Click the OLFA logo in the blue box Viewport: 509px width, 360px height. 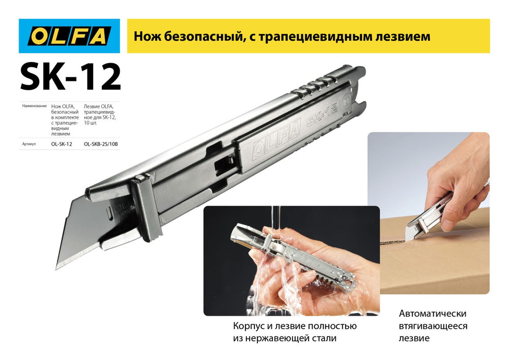(x=69, y=37)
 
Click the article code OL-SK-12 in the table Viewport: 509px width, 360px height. (x=62, y=145)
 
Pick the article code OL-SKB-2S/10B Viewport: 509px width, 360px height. (x=100, y=145)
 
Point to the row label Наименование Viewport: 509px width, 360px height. (x=35, y=107)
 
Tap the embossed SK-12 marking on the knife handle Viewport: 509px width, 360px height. (x=323, y=119)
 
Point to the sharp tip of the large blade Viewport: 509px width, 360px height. (x=57, y=267)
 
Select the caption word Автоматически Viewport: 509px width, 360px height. (x=433, y=314)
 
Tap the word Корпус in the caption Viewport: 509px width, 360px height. (x=247, y=326)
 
